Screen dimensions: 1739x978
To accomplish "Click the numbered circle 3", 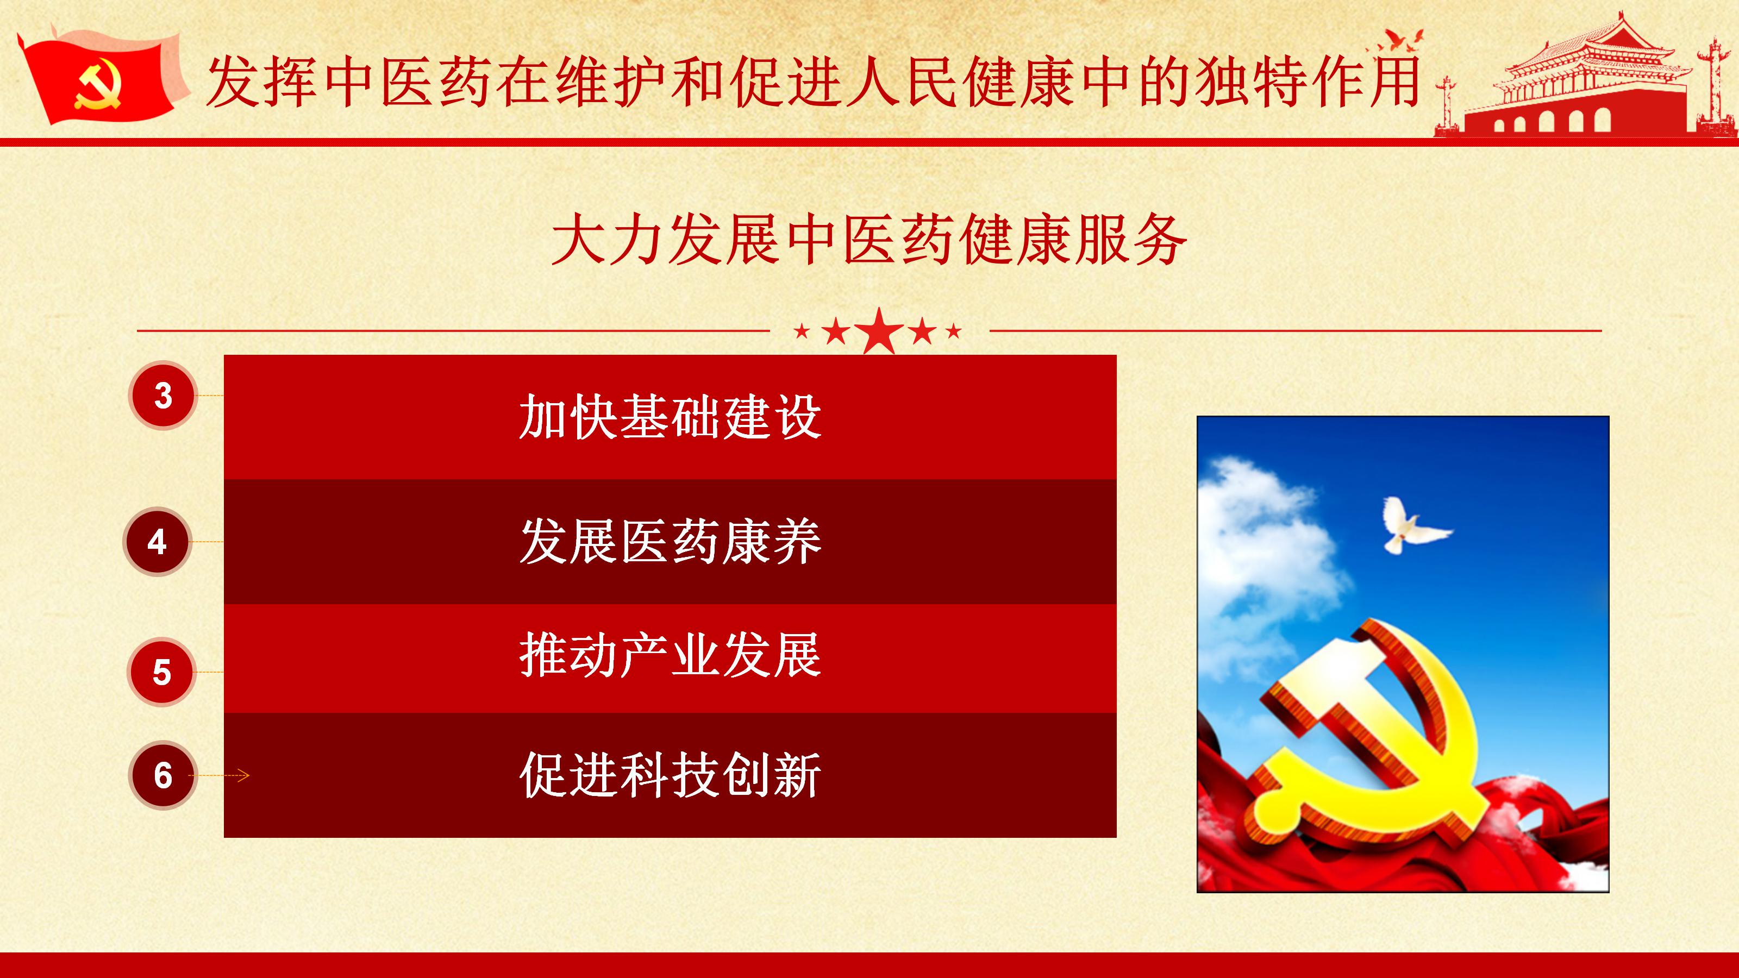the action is click(162, 396).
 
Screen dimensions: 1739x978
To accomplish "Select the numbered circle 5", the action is click(162, 672).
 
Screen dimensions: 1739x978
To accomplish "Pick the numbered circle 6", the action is click(162, 775).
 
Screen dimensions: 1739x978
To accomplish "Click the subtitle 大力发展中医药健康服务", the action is click(869, 240).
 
